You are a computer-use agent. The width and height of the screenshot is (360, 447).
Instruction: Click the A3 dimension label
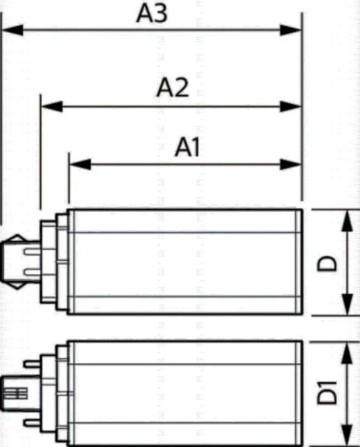[151, 13]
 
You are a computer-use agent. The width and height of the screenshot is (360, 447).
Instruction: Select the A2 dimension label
[172, 87]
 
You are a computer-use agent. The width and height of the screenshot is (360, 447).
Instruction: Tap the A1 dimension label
[187, 147]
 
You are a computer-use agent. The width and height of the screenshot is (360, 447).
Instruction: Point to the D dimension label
[327, 264]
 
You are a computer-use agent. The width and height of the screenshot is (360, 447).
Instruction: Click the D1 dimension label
[327, 393]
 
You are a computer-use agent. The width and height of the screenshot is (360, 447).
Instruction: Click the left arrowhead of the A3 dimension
[13, 30]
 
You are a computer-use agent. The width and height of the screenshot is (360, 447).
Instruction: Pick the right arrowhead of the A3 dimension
[290, 30]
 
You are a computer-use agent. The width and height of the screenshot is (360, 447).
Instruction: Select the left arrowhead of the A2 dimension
[52, 107]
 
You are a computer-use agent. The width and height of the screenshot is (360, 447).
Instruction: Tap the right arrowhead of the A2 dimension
[290, 107]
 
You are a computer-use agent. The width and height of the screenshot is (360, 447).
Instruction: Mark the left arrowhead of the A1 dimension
[80, 165]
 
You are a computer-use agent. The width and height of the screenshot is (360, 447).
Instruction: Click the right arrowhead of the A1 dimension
[290, 165]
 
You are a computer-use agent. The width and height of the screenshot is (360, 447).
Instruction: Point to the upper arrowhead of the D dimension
[347, 221]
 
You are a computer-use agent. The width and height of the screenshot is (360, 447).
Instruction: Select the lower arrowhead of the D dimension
[347, 305]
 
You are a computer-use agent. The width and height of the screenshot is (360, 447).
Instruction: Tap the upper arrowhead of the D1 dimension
[347, 352]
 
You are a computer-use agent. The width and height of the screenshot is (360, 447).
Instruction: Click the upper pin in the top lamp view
[32, 251]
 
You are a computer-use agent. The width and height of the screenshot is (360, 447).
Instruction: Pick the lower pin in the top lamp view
[32, 272]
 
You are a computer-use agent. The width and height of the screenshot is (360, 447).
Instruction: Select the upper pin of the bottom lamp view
[32, 364]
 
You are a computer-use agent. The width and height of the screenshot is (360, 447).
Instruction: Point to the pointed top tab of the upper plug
[17, 238]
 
